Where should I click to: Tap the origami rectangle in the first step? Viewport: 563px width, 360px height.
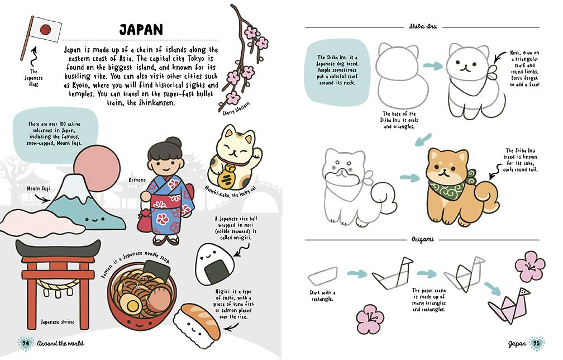pyautogui.click(x=323, y=274)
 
